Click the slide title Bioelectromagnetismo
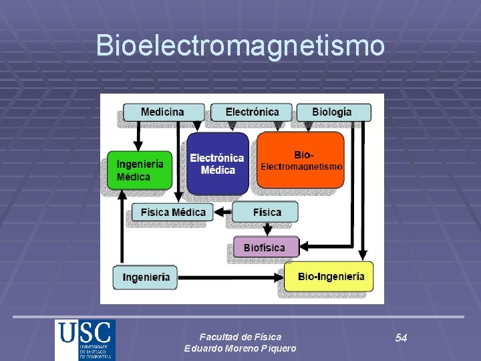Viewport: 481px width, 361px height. pos(240,45)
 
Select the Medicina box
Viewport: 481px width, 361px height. pos(162,112)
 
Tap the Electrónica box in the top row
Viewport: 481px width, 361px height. pos(252,112)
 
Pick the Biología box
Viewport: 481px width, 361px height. pos(332,112)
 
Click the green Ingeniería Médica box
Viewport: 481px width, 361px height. pos(139,170)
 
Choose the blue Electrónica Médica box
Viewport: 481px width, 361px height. pos(217,164)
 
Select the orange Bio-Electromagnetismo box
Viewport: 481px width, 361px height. pos(301,160)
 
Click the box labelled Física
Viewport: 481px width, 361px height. pos(266,212)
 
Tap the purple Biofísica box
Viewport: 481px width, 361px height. pos(264,247)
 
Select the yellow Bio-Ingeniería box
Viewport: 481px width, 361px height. pos(329,276)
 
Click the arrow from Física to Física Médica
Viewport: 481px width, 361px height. pos(223,213)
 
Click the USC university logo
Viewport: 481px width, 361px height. pos(85,340)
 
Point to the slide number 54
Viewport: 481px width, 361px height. pos(401,338)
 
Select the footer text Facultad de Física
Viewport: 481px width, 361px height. pos(240,337)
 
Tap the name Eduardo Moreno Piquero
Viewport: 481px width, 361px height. pos(240,349)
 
